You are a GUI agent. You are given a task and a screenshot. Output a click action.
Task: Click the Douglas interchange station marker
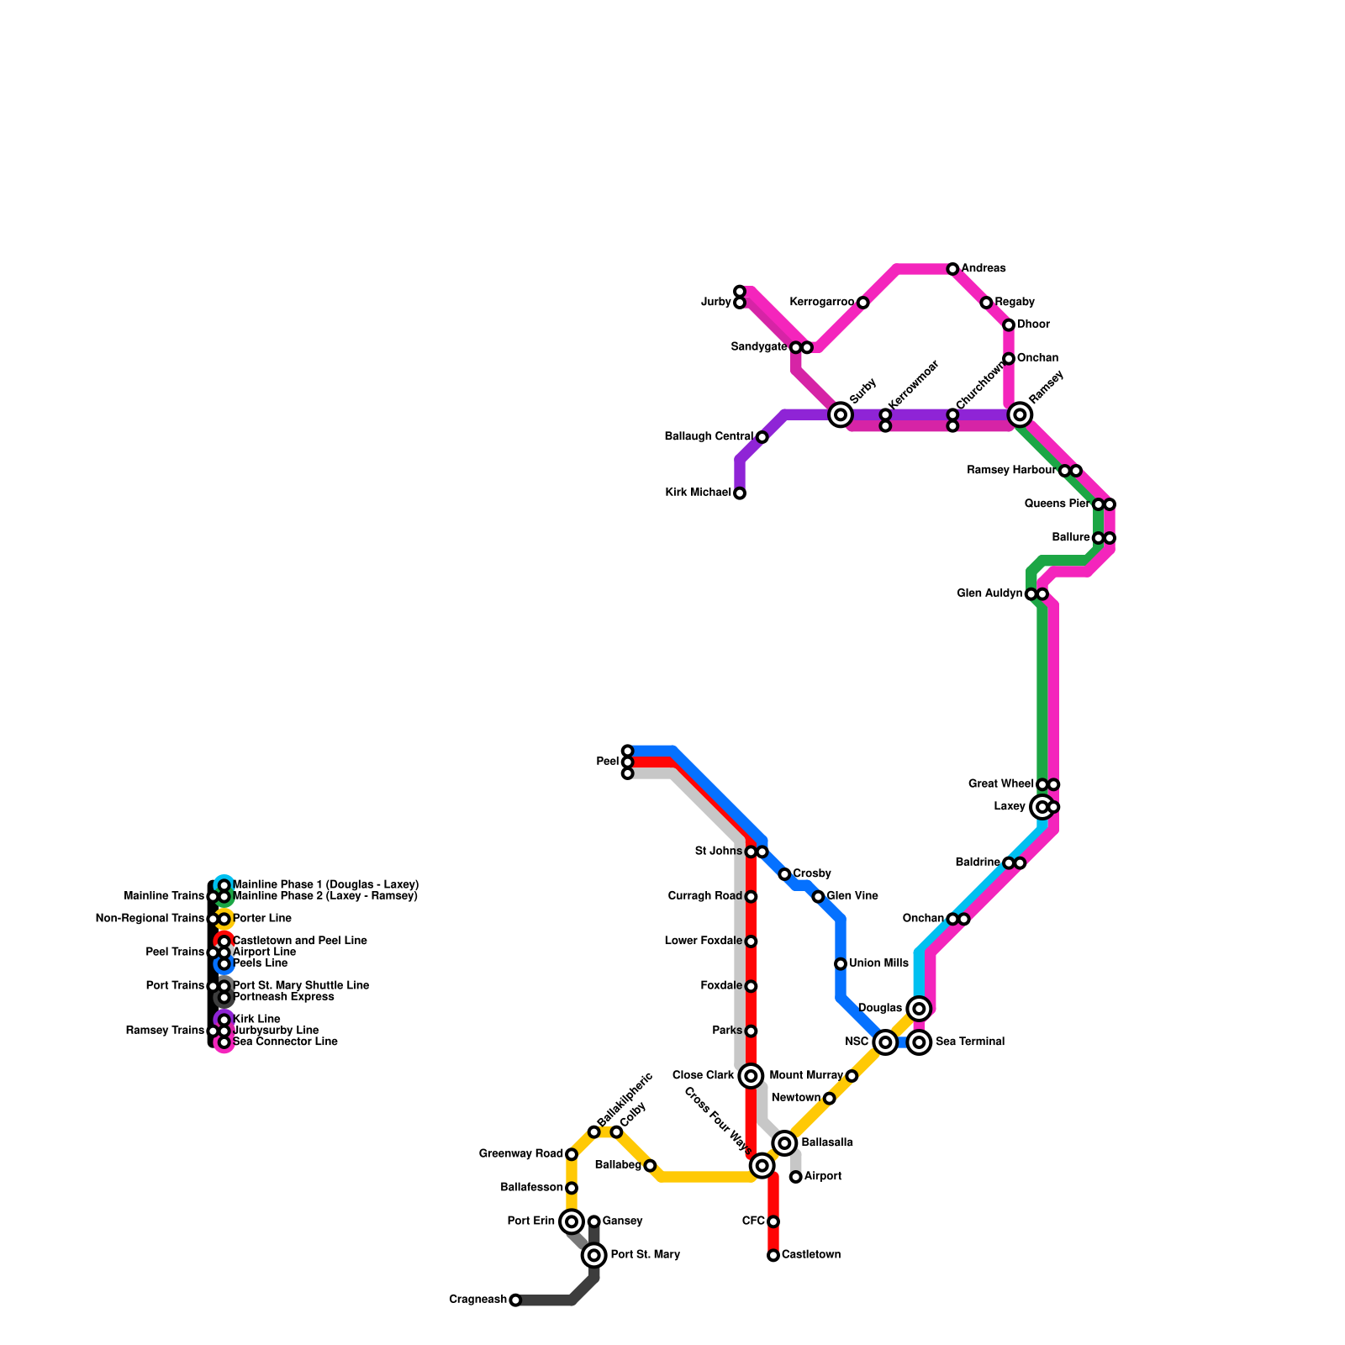[x=919, y=1008]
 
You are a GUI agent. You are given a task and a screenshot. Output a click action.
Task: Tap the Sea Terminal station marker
[x=920, y=1042]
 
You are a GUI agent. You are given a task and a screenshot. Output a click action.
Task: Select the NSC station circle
[x=884, y=1042]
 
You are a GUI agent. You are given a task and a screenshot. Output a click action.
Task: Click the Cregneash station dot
[x=515, y=1300]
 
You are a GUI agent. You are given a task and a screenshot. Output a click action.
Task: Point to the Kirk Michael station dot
[x=740, y=493]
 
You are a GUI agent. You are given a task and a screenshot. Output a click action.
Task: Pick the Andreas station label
[x=984, y=269]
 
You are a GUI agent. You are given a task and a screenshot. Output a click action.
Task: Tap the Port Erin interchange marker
[x=572, y=1221]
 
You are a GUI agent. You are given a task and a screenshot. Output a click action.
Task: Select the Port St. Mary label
[x=645, y=1255]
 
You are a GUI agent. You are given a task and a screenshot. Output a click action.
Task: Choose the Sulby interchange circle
[x=840, y=414]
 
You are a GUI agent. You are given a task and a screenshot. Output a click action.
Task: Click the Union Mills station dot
[x=841, y=963]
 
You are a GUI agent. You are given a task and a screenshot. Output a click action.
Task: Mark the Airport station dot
[x=795, y=1177]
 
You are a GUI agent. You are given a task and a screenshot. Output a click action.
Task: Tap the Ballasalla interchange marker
[x=785, y=1142]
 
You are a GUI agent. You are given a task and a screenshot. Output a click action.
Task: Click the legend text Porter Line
[x=261, y=919]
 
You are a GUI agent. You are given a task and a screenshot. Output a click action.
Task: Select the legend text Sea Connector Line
[x=284, y=1042]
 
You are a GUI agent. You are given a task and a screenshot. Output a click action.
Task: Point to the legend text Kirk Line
[x=256, y=1020]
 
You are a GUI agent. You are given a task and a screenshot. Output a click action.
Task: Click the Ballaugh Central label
[x=708, y=437]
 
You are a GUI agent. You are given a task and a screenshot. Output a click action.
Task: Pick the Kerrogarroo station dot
[x=862, y=303]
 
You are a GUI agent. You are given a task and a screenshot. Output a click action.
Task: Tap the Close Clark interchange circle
[x=752, y=1075]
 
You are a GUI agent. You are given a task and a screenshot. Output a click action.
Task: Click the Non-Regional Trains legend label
[x=150, y=919]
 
